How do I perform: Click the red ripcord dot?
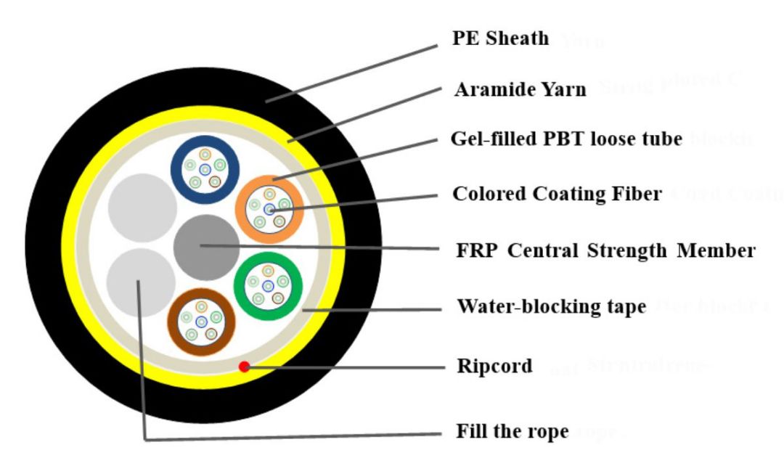click(245, 367)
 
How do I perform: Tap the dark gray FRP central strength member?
click(207, 246)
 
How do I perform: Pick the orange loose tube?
click(269, 208)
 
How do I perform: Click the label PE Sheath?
click(500, 38)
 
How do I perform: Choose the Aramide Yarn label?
click(520, 89)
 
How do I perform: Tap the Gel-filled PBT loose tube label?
click(566, 138)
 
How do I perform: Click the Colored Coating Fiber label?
click(557, 194)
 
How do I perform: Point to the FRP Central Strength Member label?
click(604, 250)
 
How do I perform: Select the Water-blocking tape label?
click(551, 306)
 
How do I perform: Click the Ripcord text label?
click(494, 365)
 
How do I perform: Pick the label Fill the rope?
click(513, 431)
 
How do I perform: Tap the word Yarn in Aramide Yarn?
click(566, 89)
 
